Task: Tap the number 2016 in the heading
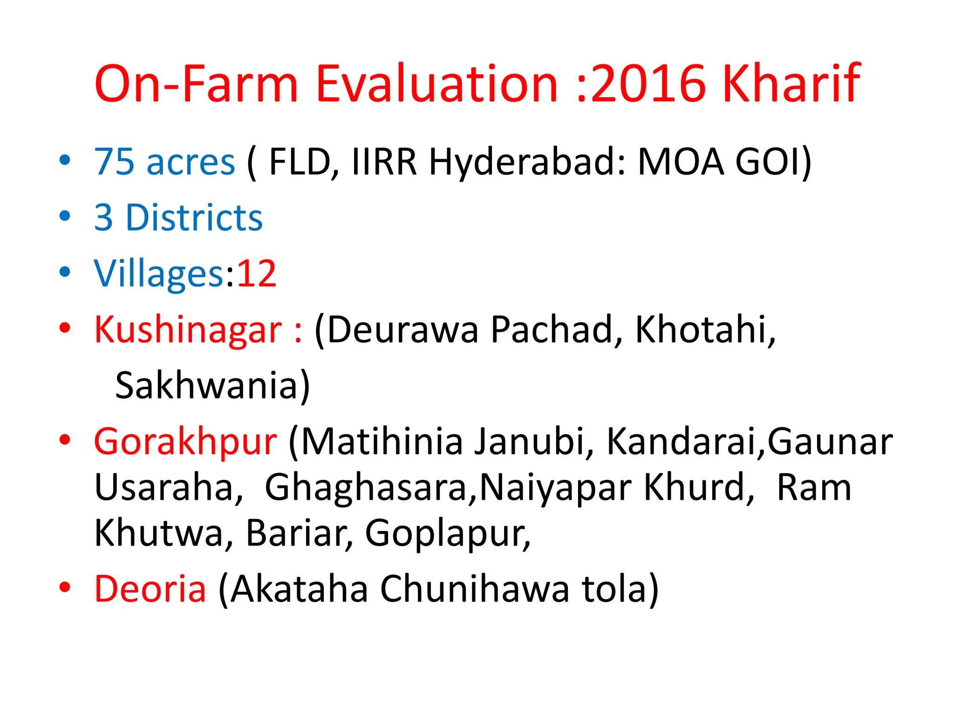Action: (649, 84)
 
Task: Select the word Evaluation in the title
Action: (436, 84)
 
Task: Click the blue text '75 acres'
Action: (164, 162)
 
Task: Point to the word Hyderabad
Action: (527, 162)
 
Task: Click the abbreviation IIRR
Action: (384, 162)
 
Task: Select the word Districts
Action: (194, 217)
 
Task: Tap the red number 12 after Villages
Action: (257, 273)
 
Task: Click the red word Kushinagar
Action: (188, 330)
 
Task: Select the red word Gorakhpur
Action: (185, 442)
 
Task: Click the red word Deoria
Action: (150, 589)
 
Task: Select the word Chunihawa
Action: (475, 589)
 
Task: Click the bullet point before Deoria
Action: (65, 588)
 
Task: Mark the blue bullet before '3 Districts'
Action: (65, 216)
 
